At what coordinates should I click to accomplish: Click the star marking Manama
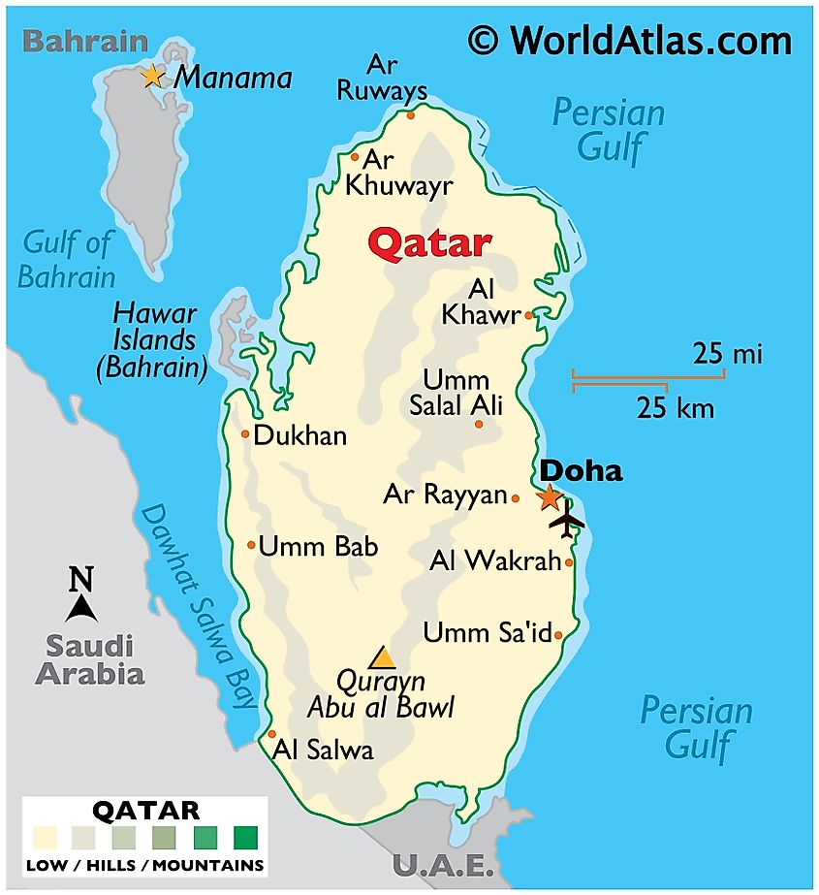tap(152, 76)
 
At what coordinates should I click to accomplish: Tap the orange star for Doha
tap(549, 497)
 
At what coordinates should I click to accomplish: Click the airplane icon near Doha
tap(566, 522)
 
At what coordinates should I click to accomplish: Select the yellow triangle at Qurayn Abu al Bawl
tap(383, 657)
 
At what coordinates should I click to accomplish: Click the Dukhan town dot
tap(245, 433)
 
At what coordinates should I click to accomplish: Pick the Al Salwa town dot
tap(272, 734)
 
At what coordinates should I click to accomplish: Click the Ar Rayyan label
tap(445, 495)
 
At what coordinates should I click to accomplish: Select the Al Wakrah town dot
tap(569, 561)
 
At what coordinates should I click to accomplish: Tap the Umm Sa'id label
tap(487, 633)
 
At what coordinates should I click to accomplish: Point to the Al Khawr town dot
tap(528, 315)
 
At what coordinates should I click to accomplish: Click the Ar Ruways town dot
tap(410, 114)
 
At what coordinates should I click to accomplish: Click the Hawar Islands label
tap(154, 340)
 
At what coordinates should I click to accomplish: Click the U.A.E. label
tap(443, 865)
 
